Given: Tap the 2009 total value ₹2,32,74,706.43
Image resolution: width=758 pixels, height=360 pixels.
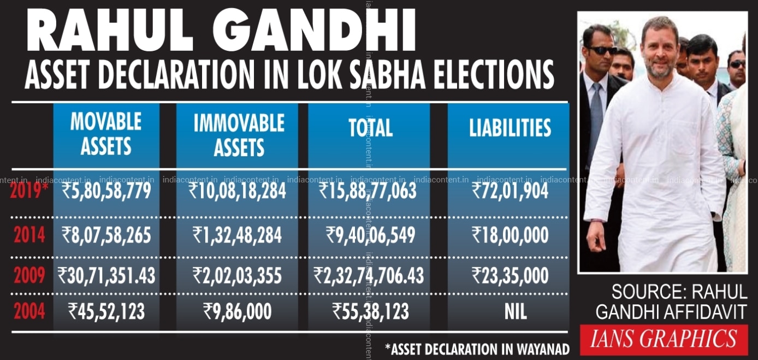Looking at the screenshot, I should tap(369, 275).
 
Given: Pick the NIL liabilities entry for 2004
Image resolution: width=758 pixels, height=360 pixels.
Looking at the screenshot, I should tap(516, 311).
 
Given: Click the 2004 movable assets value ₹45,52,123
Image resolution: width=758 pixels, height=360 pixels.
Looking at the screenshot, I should tap(106, 311).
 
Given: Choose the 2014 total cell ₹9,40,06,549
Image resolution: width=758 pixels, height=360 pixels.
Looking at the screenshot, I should tap(371, 235).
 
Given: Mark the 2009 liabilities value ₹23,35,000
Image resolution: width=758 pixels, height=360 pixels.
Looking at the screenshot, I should tap(510, 275).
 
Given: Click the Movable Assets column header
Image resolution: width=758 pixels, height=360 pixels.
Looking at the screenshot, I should tap(106, 134).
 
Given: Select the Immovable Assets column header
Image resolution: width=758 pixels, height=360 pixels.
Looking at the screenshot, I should tap(239, 135).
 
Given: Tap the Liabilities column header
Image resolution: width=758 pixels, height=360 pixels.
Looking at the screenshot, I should tap(510, 128).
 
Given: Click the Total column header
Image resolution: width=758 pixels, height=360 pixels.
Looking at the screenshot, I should tap(371, 128).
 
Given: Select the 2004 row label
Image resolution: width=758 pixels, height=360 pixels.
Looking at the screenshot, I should tap(29, 311).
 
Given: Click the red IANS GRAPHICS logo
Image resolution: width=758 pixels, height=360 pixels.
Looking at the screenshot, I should tap(664, 339).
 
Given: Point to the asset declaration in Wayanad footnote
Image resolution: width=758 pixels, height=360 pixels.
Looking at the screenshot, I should tap(477, 349).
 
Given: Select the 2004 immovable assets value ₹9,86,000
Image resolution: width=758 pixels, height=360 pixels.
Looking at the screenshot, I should tap(237, 311).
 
